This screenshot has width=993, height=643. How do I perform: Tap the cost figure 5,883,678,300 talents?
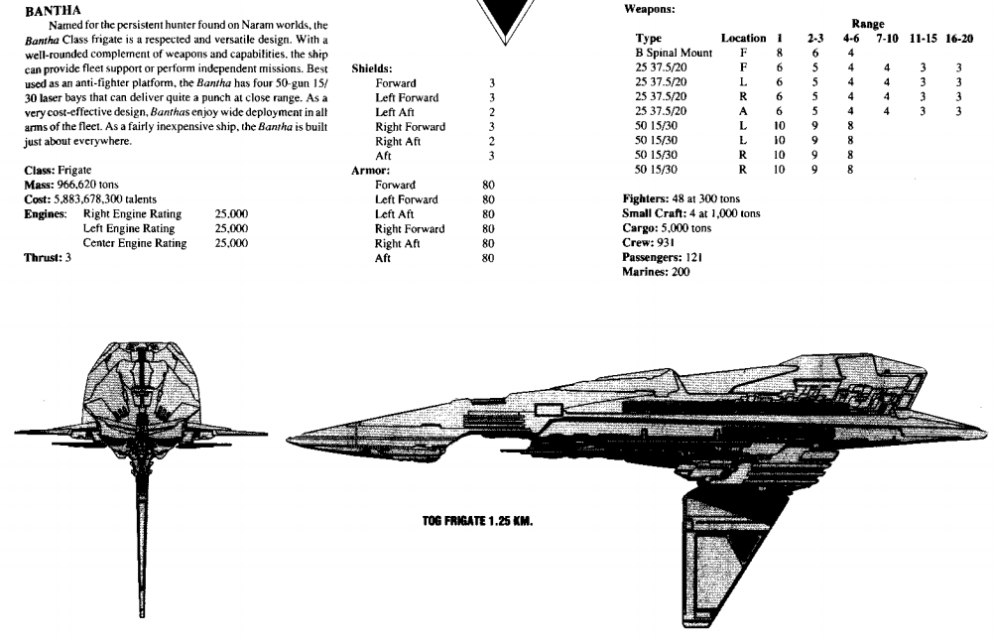[95, 199]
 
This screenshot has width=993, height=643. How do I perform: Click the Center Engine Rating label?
[135, 243]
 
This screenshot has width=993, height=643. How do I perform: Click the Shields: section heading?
[372, 68]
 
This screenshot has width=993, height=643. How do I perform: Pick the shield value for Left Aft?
[492, 112]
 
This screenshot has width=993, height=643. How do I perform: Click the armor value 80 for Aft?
[487, 257]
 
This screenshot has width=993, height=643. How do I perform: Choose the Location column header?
[743, 38]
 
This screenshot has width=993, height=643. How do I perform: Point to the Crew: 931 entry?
[649, 242]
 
